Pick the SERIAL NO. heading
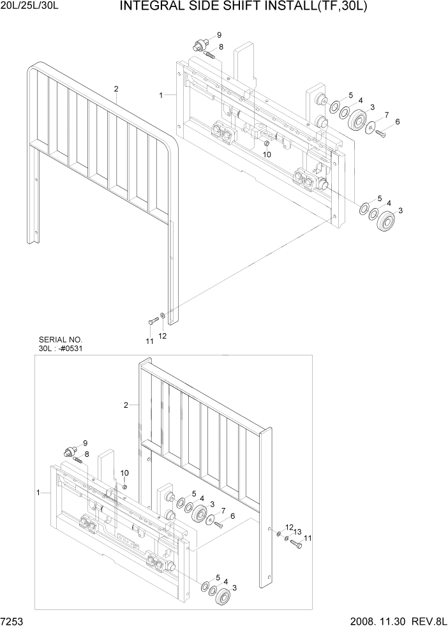click(x=61, y=340)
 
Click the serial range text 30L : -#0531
click(x=61, y=349)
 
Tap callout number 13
click(x=297, y=532)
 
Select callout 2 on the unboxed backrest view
click(x=116, y=89)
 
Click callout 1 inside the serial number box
click(x=39, y=493)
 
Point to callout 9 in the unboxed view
click(x=219, y=34)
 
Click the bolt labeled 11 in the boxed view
click(x=295, y=544)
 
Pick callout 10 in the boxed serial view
click(x=124, y=472)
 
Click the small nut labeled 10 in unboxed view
click(x=264, y=143)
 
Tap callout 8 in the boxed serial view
click(x=87, y=454)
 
